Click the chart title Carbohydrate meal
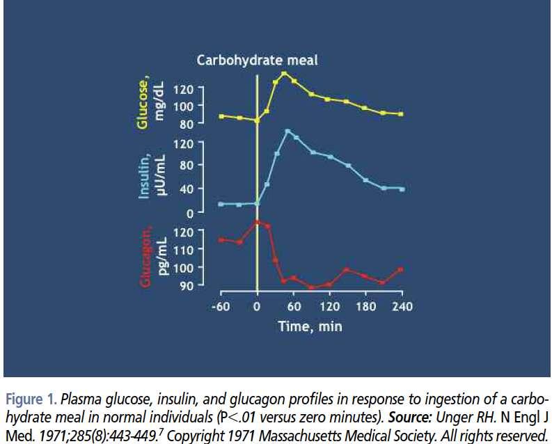click(257, 60)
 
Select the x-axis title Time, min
click(310, 326)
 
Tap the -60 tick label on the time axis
click(221, 307)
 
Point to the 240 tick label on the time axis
click(402, 307)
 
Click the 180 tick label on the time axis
click(365, 307)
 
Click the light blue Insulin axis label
click(145, 177)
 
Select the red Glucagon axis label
click(146, 257)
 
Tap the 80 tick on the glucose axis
click(187, 124)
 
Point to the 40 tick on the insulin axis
click(187, 189)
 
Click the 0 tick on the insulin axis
click(189, 213)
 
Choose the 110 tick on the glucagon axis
click(183, 250)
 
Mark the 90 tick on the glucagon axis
click(187, 286)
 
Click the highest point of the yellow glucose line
click(284, 74)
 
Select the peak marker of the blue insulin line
click(287, 132)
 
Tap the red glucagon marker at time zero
click(257, 223)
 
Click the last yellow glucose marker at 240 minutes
click(401, 114)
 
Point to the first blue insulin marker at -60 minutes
click(221, 204)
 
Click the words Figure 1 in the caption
click(31, 399)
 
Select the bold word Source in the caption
click(410, 418)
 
